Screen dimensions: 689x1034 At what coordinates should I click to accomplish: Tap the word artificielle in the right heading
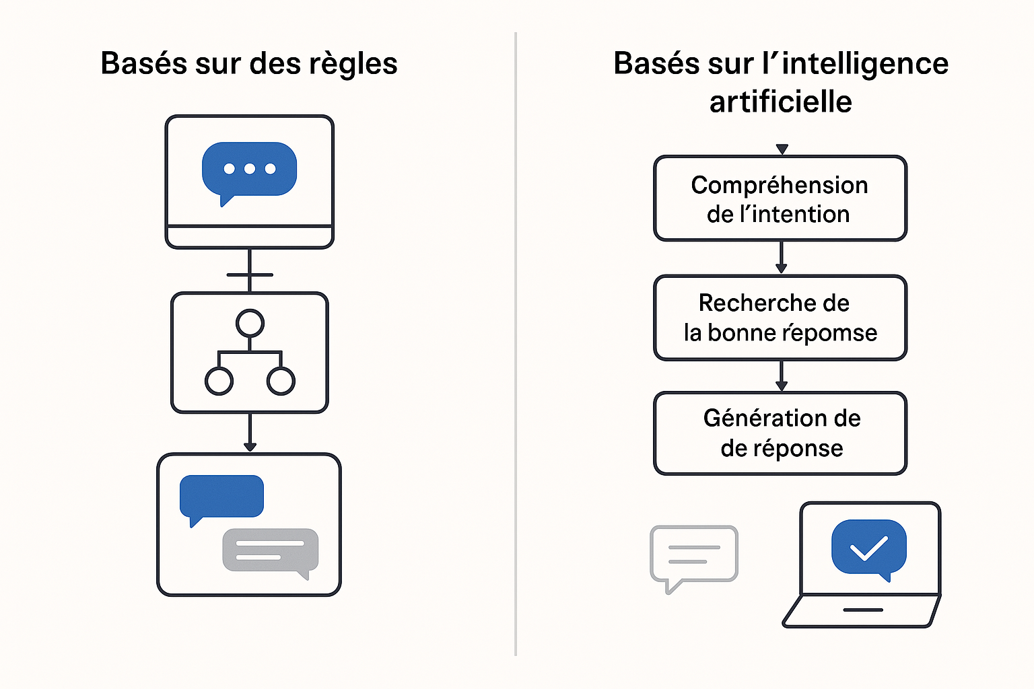[781, 102]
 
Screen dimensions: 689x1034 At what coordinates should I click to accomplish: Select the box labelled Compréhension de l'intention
[780, 198]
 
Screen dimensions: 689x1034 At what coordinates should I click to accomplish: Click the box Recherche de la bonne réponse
[780, 318]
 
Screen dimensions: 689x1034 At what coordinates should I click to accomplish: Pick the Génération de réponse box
[780, 433]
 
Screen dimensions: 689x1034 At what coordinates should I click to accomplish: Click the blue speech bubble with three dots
[250, 169]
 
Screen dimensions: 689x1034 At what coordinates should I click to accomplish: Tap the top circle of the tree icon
[250, 323]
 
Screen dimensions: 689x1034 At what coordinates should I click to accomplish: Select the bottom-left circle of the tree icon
[219, 381]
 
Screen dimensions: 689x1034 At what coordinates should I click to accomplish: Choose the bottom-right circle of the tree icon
[281, 381]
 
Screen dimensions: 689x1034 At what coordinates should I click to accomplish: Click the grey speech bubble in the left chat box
[270, 550]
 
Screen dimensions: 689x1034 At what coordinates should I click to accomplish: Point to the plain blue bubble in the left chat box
[221, 497]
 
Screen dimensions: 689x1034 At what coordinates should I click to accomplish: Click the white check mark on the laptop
[868, 548]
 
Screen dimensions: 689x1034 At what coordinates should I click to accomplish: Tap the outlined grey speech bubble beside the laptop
[694, 554]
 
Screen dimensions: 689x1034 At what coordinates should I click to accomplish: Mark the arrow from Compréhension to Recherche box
[781, 258]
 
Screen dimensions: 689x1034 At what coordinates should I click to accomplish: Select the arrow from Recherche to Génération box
[781, 376]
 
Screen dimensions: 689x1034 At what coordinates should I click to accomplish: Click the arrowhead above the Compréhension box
[782, 149]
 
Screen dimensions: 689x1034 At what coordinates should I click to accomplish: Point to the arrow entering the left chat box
[250, 434]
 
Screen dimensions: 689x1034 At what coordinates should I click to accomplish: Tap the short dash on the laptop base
[863, 610]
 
